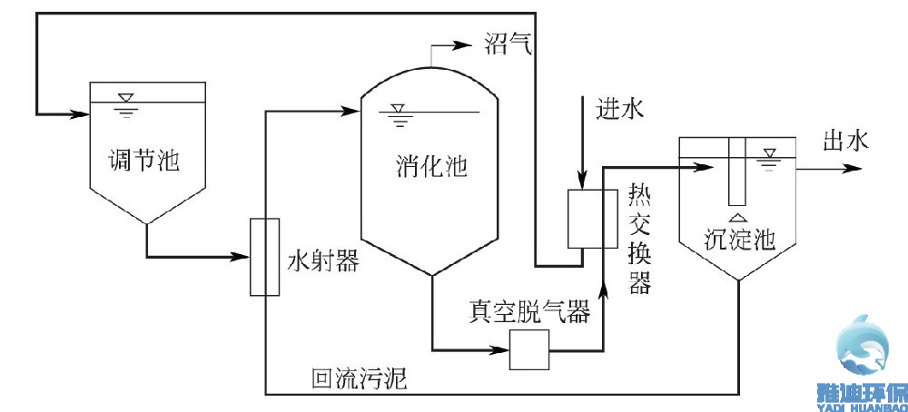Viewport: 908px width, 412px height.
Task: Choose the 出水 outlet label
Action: point(845,141)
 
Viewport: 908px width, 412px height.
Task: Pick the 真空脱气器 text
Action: point(528,311)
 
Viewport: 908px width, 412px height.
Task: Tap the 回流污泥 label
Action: point(359,380)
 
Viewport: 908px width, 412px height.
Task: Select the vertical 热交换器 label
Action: point(640,240)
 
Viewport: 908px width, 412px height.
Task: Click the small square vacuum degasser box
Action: point(528,349)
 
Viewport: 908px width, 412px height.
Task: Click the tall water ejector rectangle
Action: point(264,257)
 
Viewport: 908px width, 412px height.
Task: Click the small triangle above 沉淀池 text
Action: point(738,216)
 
